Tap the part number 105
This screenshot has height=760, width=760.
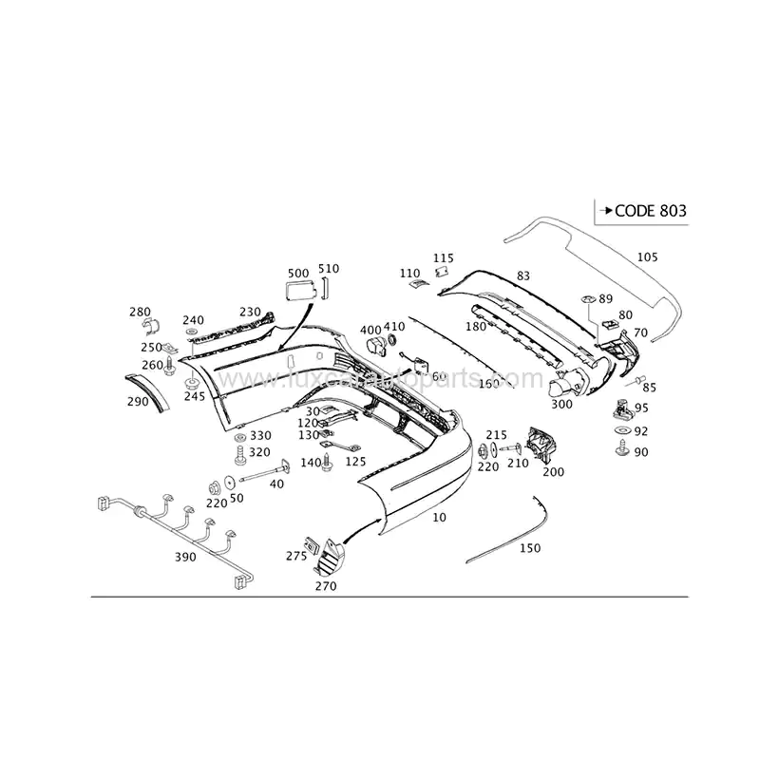(647, 256)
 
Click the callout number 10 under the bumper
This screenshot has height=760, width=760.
(438, 518)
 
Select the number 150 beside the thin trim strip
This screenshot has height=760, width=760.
(530, 548)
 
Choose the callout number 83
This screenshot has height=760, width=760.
(522, 275)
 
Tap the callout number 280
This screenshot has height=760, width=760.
(140, 312)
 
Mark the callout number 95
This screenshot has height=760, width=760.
(641, 408)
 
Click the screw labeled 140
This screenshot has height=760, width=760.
(328, 463)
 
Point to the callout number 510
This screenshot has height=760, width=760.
(328, 268)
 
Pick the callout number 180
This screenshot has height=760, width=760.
(476, 327)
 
